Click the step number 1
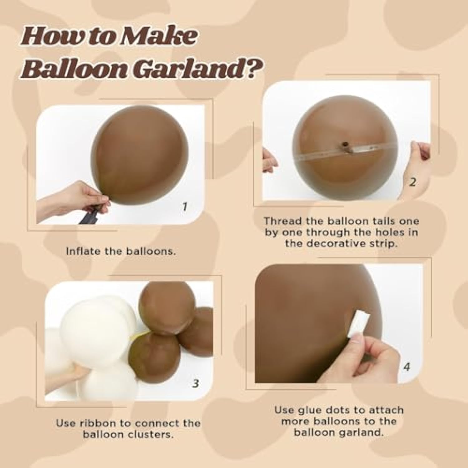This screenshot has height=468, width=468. pyautogui.click(x=185, y=206)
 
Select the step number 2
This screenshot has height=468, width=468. pyautogui.click(x=412, y=182)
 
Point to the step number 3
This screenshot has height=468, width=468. pyautogui.click(x=196, y=383)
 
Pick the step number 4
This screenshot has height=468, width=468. pyautogui.click(x=406, y=366)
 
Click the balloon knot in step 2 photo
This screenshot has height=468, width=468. pyautogui.click(x=345, y=145)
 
